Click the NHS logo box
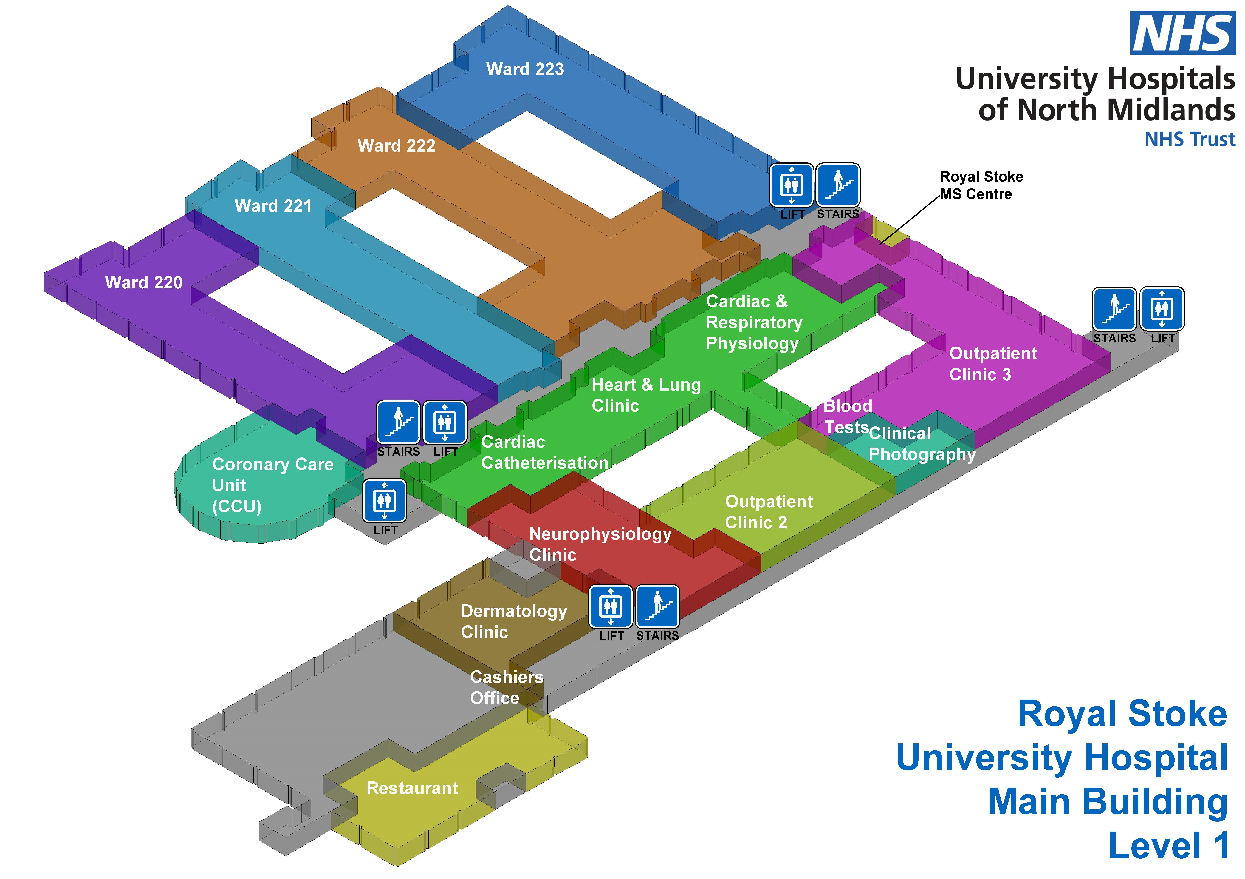click(x=1182, y=33)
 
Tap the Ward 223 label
click(x=525, y=69)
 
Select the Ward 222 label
click(x=396, y=146)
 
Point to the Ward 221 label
click(x=273, y=206)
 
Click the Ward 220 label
click(x=144, y=282)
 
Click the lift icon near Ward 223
click(x=791, y=185)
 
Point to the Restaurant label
click(x=412, y=788)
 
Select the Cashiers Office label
click(x=506, y=687)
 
